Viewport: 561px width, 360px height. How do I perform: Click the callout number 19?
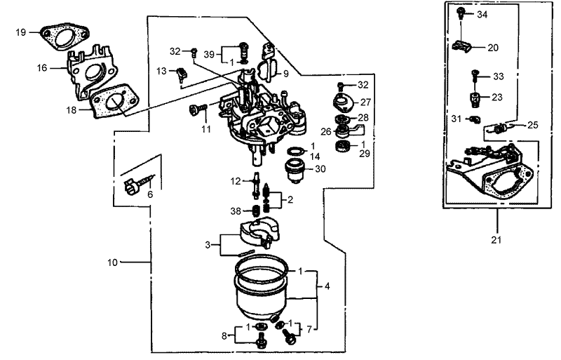coord(20,32)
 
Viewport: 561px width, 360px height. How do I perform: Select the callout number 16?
coord(42,68)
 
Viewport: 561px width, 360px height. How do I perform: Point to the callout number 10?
coord(112,262)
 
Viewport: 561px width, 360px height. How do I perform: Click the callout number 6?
coord(149,194)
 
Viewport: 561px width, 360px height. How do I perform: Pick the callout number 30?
coord(320,168)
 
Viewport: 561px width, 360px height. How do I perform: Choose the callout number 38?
coord(237,211)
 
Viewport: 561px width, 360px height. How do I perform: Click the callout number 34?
coord(482,14)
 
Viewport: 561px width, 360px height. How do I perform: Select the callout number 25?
coord(533,125)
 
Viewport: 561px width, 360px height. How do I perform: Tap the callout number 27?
coord(365,102)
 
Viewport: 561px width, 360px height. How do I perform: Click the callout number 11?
coord(206,129)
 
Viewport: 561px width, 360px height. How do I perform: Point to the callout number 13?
coord(161,71)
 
